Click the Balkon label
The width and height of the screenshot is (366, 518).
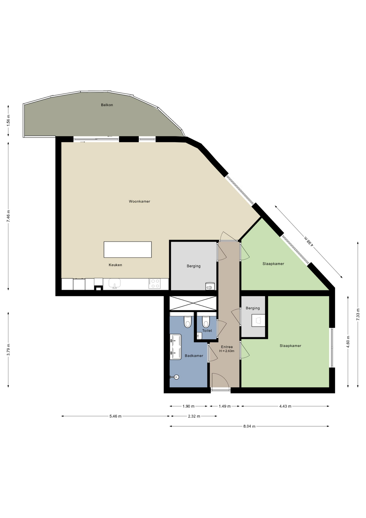tap(107, 105)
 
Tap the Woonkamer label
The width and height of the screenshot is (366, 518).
tap(139, 201)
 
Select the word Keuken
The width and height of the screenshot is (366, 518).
tap(115, 265)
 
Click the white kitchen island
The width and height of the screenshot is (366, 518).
tap(128, 250)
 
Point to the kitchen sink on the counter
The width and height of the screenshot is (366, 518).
tap(115, 284)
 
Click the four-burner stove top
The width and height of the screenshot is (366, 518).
tap(155, 284)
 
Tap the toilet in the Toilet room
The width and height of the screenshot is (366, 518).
tap(206, 321)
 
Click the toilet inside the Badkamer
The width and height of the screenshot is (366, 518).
tap(188, 321)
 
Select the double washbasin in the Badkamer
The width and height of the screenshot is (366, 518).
tap(175, 347)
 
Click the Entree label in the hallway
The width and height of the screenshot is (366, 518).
tap(227, 347)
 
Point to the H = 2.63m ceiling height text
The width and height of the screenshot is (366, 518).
tap(227, 351)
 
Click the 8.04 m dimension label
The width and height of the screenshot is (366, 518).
tap(249, 426)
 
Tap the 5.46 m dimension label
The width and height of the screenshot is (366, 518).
tap(115, 416)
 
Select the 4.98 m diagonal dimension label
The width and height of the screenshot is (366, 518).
tap(309, 241)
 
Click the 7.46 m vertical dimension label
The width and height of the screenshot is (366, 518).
tap(8, 216)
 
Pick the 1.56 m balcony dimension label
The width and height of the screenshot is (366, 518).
tap(8, 120)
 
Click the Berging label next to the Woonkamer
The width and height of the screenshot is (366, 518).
tap(194, 266)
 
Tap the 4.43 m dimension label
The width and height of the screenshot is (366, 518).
tap(285, 406)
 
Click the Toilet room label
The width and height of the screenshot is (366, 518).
tap(207, 330)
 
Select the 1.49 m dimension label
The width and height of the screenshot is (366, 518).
tap(225, 406)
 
